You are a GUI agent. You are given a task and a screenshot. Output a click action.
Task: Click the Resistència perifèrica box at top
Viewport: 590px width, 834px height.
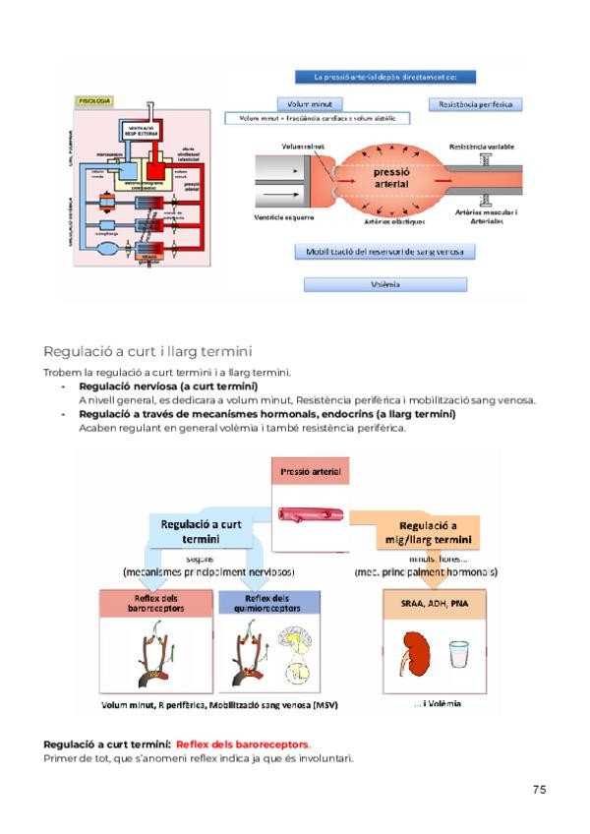[475, 103]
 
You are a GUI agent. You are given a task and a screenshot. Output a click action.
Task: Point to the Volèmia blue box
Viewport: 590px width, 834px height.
[384, 284]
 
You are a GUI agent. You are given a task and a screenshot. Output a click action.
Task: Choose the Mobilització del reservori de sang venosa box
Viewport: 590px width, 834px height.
[384, 252]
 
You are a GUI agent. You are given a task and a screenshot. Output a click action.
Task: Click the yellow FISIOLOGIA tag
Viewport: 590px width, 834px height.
[94, 100]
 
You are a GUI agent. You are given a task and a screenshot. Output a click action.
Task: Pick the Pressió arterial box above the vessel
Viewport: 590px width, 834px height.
[313, 472]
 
